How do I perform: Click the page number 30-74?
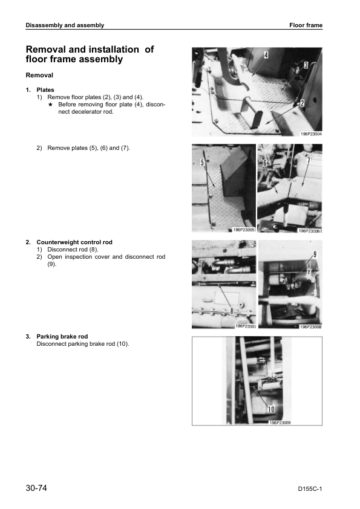click(x=36, y=488)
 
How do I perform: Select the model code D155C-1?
click(x=310, y=489)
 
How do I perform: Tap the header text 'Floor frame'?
click(x=306, y=25)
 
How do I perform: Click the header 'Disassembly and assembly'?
click(x=65, y=25)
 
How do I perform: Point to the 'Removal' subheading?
click(x=39, y=76)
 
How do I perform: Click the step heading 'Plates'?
click(x=45, y=90)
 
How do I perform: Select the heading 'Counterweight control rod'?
click(x=74, y=242)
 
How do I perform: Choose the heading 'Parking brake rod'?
click(x=62, y=337)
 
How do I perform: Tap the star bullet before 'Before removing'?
click(x=50, y=105)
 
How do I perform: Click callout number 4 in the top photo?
click(x=266, y=55)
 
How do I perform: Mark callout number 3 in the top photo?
click(x=306, y=65)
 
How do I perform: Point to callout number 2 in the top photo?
click(x=302, y=103)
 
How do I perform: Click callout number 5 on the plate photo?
click(x=202, y=162)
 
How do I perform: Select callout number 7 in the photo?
click(x=309, y=161)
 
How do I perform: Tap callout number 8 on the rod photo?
click(x=232, y=311)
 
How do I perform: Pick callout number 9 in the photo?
click(x=315, y=254)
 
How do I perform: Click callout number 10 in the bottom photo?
click(x=271, y=410)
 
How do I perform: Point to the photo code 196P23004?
click(x=311, y=134)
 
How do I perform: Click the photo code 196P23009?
click(x=280, y=423)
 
